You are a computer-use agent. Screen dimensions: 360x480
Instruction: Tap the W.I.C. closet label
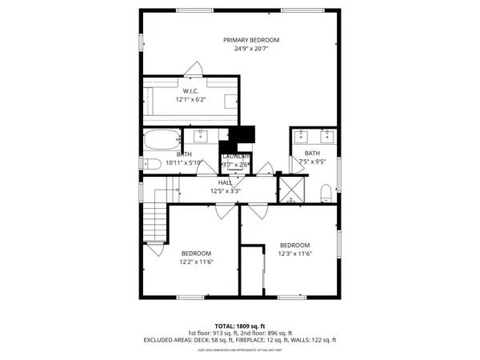pyautogui.click(x=190, y=90)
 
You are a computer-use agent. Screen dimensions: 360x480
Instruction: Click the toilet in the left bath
pyautogui.click(x=153, y=163)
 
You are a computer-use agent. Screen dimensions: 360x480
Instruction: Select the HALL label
pyautogui.click(x=226, y=183)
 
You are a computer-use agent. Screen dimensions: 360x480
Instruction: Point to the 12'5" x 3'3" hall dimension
pyautogui.click(x=226, y=191)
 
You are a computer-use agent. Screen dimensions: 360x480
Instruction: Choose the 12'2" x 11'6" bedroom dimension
pyautogui.click(x=196, y=261)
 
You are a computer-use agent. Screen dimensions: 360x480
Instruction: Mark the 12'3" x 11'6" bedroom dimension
pyautogui.click(x=294, y=254)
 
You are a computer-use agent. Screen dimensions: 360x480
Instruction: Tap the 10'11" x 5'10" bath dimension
pyautogui.click(x=185, y=162)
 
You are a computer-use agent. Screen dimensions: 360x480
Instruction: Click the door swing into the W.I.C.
pyautogui.click(x=193, y=70)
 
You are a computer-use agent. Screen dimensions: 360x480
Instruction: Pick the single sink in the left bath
pyautogui.click(x=202, y=134)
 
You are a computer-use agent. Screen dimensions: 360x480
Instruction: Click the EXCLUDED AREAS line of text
pyautogui.click(x=240, y=340)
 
